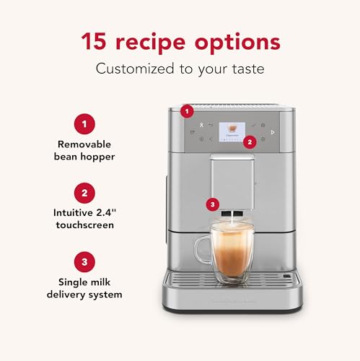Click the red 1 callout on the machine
[x=188, y=111]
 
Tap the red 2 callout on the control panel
[x=250, y=142]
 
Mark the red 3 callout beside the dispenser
[x=211, y=204]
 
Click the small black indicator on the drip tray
[x=289, y=277]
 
